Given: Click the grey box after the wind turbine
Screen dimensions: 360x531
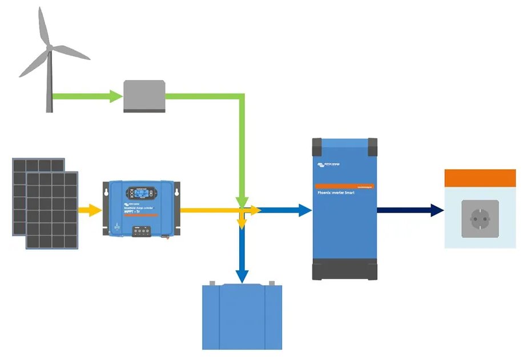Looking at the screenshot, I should pyautogui.click(x=144, y=95).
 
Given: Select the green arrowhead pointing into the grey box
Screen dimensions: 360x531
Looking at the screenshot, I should pyautogui.click(x=116, y=95).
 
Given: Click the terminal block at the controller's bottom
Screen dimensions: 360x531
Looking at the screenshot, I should pyautogui.click(x=142, y=231).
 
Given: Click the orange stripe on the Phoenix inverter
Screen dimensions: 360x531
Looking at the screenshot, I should pyautogui.click(x=345, y=186).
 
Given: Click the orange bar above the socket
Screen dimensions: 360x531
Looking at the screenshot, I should pyautogui.click(x=480, y=177).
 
